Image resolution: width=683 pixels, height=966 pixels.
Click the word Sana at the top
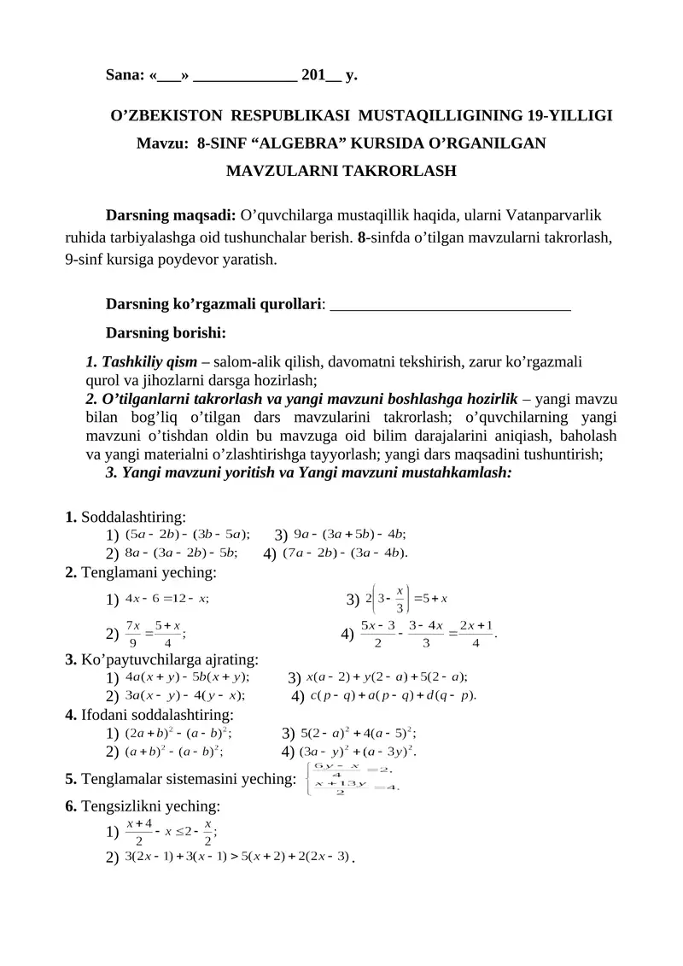click(124, 75)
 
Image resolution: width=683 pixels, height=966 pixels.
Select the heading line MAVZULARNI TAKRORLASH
click(341, 171)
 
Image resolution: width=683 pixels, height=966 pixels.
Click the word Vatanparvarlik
click(556, 214)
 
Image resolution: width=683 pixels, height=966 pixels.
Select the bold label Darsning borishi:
click(165, 331)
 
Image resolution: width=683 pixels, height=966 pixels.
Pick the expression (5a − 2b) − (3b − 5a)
click(187, 535)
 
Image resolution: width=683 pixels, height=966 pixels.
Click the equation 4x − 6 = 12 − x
click(166, 598)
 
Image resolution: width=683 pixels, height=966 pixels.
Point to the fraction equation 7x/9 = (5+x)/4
click(156, 633)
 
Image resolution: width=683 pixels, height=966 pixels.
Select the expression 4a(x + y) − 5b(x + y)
click(186, 676)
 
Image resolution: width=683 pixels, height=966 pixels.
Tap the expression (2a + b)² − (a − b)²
click(178, 732)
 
